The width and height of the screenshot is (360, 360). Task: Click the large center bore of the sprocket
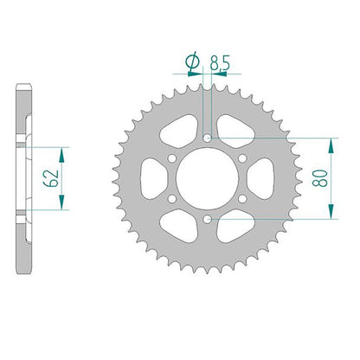click(x=207, y=178)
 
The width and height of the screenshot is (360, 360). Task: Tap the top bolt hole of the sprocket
click(x=207, y=138)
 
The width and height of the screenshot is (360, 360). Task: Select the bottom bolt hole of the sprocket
click(x=207, y=219)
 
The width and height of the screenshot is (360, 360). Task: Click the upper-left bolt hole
click(x=172, y=158)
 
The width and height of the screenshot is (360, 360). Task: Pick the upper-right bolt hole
click(x=242, y=158)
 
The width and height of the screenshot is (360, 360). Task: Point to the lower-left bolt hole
click(x=172, y=199)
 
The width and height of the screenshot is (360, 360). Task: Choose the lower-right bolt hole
click(x=242, y=199)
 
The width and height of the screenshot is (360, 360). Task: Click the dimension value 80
click(x=321, y=178)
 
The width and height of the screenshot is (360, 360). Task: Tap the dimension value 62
click(x=51, y=178)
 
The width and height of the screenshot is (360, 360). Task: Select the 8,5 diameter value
click(x=220, y=63)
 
